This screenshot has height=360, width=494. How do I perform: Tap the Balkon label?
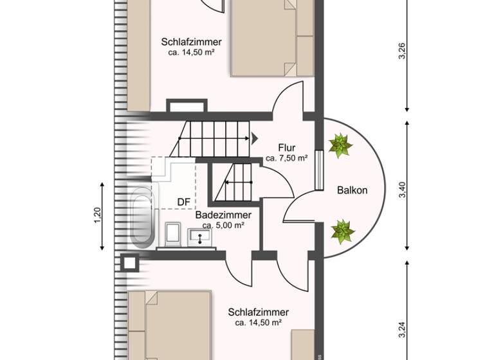click(x=352, y=190)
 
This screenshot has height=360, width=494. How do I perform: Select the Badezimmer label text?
click(x=223, y=215)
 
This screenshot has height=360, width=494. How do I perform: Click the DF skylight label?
click(x=184, y=202)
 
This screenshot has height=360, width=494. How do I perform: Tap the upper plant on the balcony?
click(x=340, y=145)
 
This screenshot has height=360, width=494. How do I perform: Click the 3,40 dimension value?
click(x=403, y=190)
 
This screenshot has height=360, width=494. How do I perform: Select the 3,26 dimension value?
click(x=403, y=51)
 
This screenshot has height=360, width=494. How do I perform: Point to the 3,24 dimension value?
click(x=403, y=329)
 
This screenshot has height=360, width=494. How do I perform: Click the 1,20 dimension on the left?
click(x=98, y=216)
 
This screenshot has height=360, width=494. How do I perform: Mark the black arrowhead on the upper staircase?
click(x=255, y=138)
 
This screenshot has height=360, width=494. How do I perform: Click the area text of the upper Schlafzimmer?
click(x=191, y=53)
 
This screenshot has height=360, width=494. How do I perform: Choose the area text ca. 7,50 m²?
click(x=286, y=158)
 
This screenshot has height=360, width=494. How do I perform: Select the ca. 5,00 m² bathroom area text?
click(x=223, y=225)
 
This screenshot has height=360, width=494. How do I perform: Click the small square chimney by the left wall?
click(x=129, y=262)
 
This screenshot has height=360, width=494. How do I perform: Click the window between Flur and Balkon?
click(x=320, y=170)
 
